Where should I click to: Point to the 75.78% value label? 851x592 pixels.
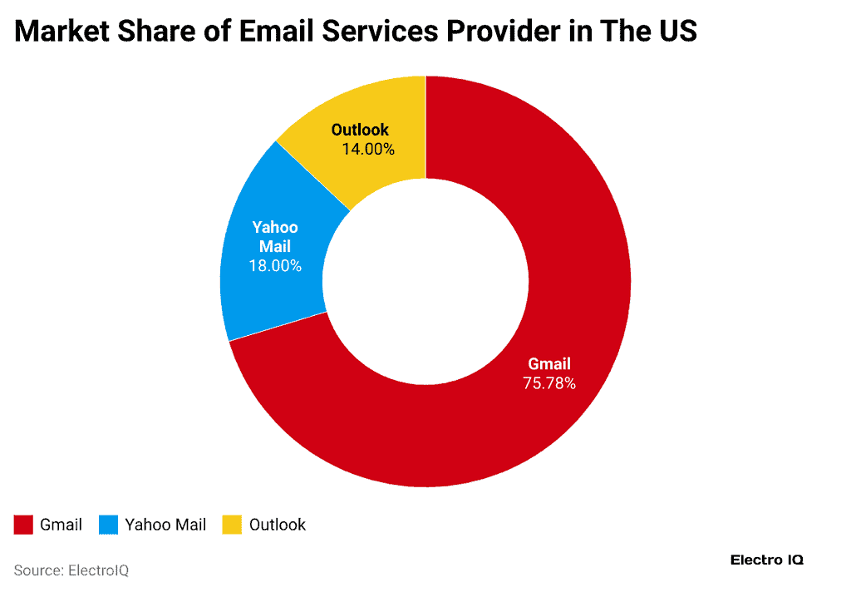point(548,383)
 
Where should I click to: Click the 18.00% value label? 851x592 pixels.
point(275,266)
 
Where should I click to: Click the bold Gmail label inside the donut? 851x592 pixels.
point(549,364)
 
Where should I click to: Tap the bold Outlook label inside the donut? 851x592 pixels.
point(360,130)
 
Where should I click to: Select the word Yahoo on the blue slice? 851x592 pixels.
point(275,228)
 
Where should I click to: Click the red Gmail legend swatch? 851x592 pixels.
point(23,525)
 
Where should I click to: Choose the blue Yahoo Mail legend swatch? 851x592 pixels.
point(108,525)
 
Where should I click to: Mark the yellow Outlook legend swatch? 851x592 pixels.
point(232,525)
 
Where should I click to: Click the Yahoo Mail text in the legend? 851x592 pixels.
point(165,525)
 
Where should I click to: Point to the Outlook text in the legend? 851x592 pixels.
point(278,525)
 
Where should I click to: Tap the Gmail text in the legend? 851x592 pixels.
point(61,525)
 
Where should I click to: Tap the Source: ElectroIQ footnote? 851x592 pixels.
point(71,570)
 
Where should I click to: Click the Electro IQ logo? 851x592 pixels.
point(766,560)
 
